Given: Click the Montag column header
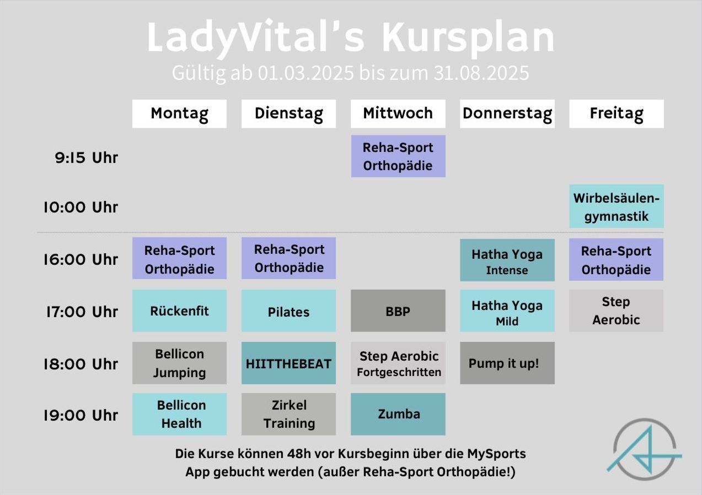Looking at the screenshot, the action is pos(179,113).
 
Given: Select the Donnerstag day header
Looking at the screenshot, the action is pos(507,113).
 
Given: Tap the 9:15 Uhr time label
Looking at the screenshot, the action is pos(87,157).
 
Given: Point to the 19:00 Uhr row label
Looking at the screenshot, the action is pos(81,415).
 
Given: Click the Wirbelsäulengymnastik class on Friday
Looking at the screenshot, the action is pos(616,206).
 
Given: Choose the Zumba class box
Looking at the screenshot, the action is pos(398,414).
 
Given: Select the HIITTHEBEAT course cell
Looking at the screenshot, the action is pos(288,363).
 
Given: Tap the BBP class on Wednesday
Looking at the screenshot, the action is pos(398,311).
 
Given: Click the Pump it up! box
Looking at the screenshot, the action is pos(507,363).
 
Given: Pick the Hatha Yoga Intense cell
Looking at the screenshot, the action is pos(507,260).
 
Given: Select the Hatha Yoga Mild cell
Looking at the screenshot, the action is pos(507,311).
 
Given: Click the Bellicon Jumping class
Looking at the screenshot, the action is pos(179,363).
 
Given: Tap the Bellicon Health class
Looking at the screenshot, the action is pos(179,414).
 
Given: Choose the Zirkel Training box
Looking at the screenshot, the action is pos(288,414).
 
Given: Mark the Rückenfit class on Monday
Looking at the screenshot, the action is pos(179,311).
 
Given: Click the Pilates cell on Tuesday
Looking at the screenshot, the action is pos(288,311).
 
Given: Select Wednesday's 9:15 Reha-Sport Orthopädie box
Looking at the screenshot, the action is pos(398,156).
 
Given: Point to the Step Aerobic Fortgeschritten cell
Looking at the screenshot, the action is pos(398,363).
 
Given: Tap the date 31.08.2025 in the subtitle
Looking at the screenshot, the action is pos(481,73).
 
